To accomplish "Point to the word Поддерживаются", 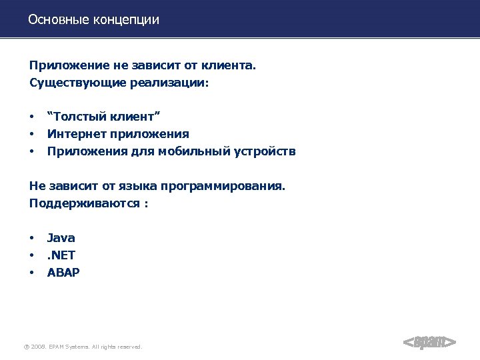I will point(83,203).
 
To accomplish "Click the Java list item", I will point(61,237).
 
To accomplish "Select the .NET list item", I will point(61,255).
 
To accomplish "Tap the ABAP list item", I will point(63,271).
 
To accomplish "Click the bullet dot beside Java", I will point(31,238).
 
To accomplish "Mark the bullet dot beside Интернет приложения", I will point(31,135).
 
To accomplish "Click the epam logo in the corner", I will point(430,342).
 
